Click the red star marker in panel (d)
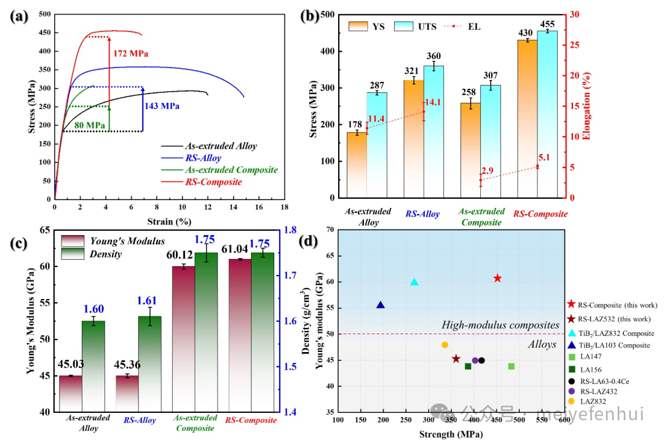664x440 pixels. click(497, 279)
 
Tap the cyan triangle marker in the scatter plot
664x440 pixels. click(414, 282)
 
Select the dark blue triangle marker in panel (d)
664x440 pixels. click(381, 305)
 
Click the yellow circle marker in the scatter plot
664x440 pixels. click(445, 345)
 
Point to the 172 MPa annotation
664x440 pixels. click(131, 54)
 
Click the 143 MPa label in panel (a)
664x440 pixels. click(162, 106)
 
